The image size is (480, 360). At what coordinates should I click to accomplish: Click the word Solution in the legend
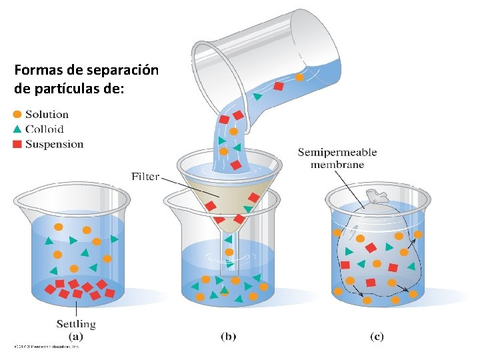click(x=47, y=115)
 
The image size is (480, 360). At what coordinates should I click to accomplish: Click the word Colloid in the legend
click(x=44, y=129)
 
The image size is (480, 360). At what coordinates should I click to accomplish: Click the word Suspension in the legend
click(x=54, y=144)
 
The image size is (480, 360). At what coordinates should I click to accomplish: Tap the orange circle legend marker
click(x=18, y=115)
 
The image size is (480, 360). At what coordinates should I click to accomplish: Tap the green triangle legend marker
click(x=18, y=129)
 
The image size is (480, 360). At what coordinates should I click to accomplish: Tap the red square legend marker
click(x=18, y=143)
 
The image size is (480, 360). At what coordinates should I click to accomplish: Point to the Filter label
click(x=145, y=177)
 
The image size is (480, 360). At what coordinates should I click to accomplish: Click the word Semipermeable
click(x=337, y=153)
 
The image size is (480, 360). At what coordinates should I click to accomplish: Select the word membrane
click(x=337, y=165)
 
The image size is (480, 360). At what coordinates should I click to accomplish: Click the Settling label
click(x=76, y=324)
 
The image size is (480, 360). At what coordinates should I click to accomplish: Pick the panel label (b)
click(x=228, y=337)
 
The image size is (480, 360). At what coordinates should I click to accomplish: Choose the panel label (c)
click(x=377, y=337)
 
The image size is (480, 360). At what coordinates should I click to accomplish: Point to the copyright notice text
click(x=47, y=347)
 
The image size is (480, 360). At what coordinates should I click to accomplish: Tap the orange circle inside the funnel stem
click(x=229, y=253)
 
